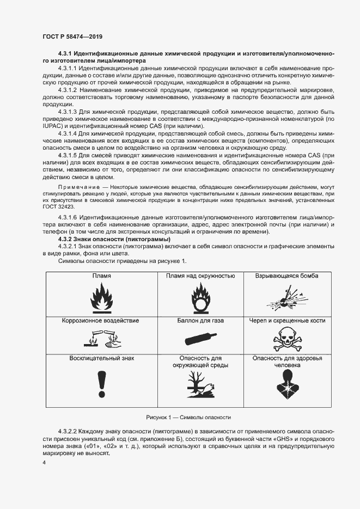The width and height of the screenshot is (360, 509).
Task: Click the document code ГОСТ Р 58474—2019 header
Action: (x=72, y=36)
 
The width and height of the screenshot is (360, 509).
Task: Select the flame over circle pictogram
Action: (x=199, y=298)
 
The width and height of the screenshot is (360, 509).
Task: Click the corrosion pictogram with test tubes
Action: (x=100, y=339)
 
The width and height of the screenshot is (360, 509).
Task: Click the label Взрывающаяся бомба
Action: (x=287, y=276)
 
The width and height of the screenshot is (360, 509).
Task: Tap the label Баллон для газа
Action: (x=200, y=321)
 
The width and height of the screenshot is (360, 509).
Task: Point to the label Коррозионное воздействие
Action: (x=100, y=321)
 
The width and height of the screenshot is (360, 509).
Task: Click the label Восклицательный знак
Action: (x=101, y=358)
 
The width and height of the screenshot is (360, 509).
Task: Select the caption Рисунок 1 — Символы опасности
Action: (x=188, y=417)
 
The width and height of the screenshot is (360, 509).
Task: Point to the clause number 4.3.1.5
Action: (x=69, y=155)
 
